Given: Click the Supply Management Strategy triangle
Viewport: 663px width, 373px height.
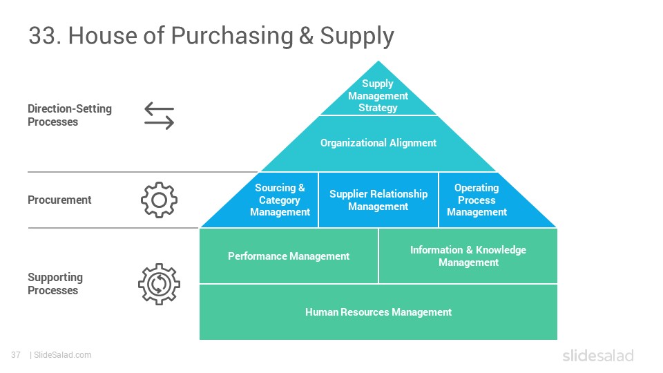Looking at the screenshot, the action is [x=378, y=95].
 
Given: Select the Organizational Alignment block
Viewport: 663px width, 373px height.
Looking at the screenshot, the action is [x=378, y=144].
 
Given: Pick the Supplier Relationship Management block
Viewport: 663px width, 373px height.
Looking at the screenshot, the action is [x=378, y=200].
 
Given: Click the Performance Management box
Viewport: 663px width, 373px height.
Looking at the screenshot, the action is [x=289, y=256].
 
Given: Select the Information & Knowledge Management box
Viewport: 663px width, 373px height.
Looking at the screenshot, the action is [x=468, y=256].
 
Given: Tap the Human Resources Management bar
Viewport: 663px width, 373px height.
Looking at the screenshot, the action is [x=378, y=312].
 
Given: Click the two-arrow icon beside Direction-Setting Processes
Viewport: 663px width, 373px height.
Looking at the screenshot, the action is [x=160, y=115].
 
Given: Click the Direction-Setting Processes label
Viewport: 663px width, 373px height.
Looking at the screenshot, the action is [x=70, y=115].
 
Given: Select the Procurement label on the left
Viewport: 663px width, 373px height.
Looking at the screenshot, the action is [x=59, y=200].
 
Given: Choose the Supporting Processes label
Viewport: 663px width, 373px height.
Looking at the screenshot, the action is [x=55, y=284].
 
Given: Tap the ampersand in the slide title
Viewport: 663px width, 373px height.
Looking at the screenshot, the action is [x=306, y=35].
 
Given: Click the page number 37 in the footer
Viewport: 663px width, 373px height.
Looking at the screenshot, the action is [x=16, y=355].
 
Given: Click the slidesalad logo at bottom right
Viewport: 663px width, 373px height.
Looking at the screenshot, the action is [x=598, y=355].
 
